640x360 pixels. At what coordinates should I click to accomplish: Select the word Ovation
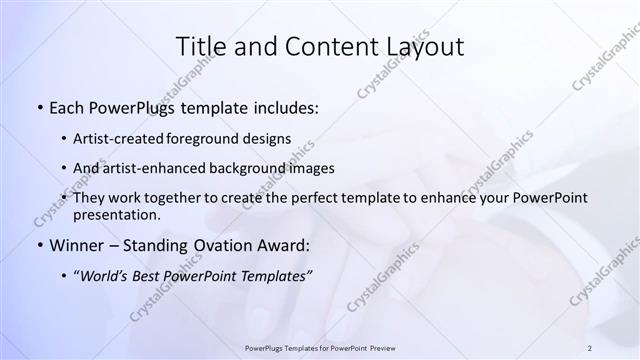point(222,245)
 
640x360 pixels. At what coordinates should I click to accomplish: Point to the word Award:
point(283,245)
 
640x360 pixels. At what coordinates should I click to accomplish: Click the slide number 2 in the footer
point(590,348)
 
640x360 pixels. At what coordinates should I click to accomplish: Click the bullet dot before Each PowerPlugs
point(39,107)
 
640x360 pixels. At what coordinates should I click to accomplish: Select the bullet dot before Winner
point(39,245)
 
